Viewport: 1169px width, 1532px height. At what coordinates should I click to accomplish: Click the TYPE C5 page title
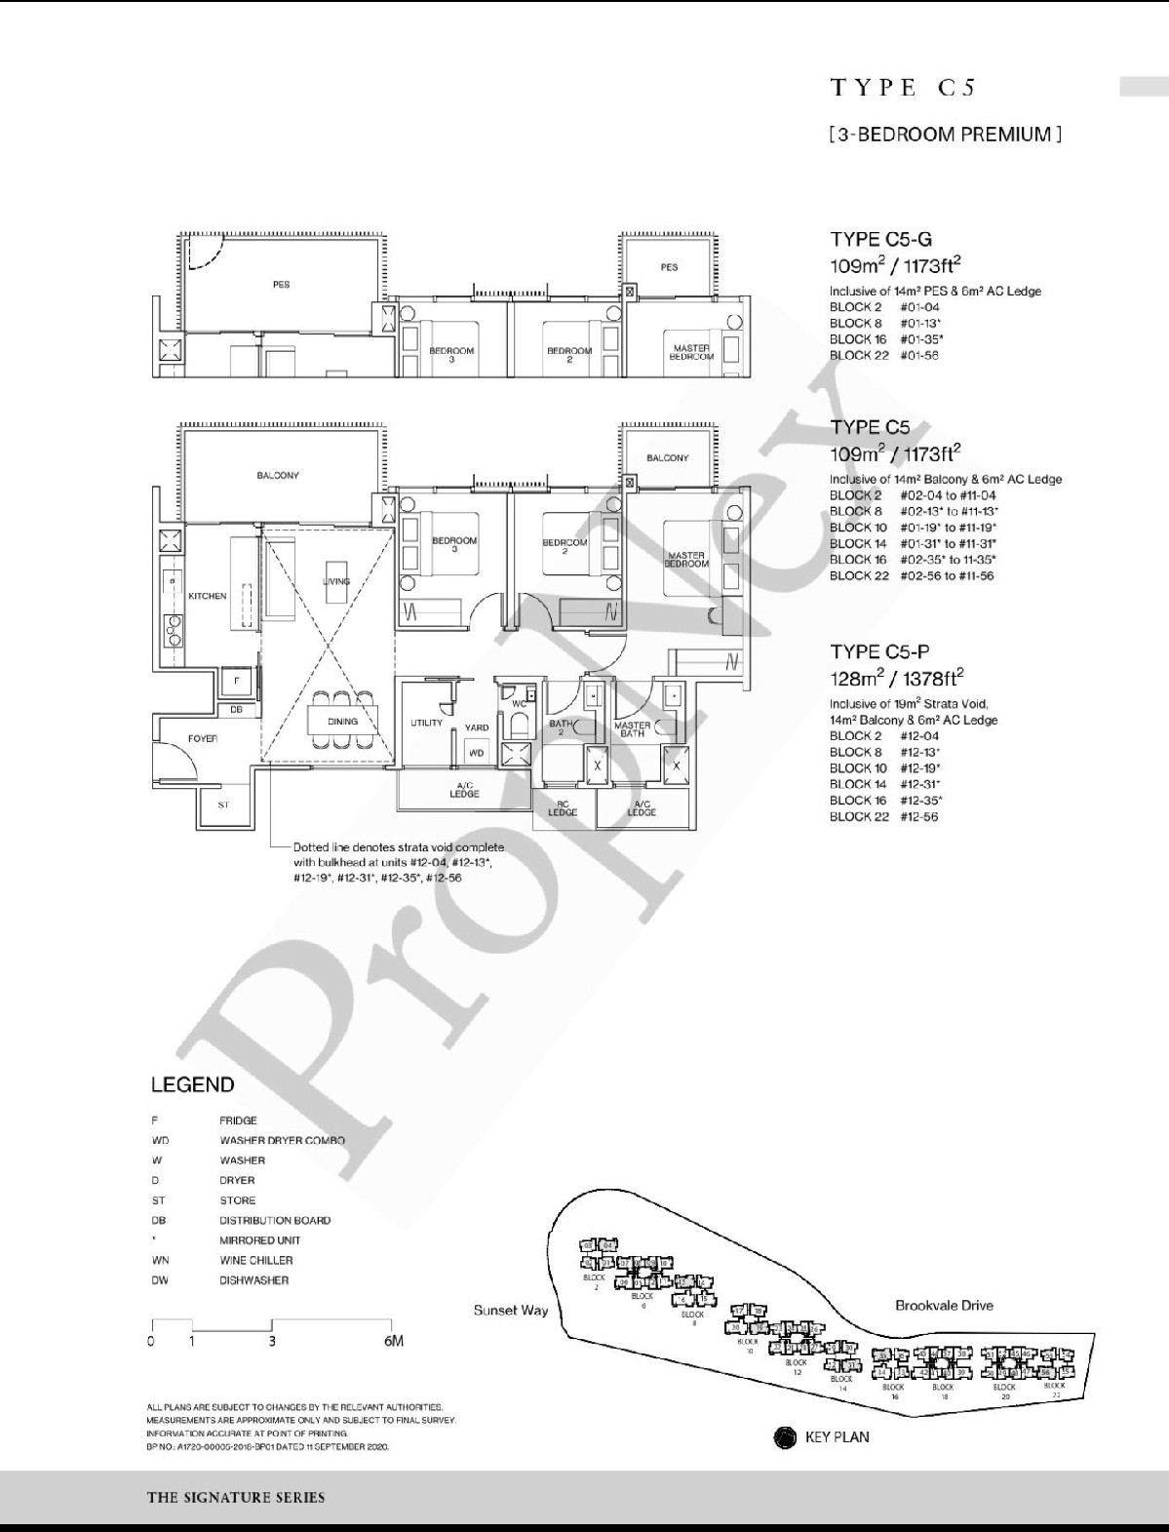902,88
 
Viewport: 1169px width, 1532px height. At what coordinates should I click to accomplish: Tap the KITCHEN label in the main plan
208,596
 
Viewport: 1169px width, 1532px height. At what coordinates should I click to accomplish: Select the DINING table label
342,722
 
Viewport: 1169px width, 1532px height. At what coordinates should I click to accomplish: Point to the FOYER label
203,738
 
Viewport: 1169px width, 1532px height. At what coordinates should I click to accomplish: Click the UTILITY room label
426,723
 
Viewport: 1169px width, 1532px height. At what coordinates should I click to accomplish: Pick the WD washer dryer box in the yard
476,753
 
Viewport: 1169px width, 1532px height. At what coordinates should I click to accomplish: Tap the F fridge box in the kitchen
236,681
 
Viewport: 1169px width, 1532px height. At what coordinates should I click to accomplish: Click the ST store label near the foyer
223,805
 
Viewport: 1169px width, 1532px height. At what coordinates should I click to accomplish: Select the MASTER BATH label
632,728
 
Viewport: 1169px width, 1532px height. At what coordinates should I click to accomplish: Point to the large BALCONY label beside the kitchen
278,475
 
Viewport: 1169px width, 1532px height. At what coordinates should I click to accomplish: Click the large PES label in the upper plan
281,285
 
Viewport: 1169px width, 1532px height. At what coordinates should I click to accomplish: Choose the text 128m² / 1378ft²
896,677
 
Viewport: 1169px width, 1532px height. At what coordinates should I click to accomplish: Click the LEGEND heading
192,1084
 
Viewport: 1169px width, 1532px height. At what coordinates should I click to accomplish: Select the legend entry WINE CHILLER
255,1260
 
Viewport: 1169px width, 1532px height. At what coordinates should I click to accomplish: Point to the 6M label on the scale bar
394,1341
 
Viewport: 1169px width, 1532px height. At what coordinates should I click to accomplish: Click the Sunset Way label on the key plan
511,1310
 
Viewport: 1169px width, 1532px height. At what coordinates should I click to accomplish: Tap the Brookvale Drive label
944,1305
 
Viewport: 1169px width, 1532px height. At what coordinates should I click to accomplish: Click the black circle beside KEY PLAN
784,1436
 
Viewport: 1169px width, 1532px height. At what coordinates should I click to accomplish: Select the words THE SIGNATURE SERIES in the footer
236,1497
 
